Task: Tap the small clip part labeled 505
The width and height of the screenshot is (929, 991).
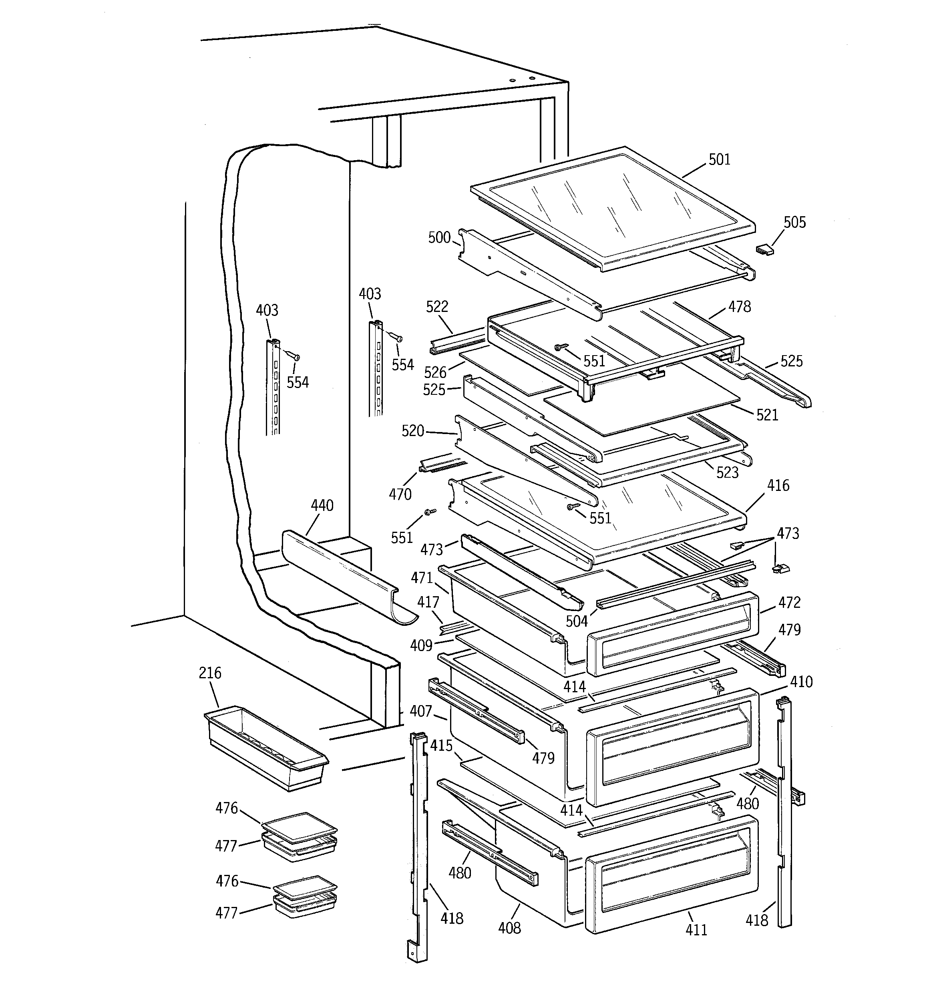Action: (764, 249)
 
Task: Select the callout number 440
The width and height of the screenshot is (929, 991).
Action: (322, 505)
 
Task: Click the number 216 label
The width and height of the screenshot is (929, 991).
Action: (210, 673)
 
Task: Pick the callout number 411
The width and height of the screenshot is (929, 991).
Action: (696, 930)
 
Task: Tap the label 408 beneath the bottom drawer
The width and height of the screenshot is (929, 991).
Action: (509, 928)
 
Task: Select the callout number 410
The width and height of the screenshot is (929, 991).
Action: (801, 681)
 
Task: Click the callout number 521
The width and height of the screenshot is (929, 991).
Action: (767, 415)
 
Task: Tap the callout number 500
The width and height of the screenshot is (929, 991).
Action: (439, 237)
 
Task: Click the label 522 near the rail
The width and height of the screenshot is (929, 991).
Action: (437, 307)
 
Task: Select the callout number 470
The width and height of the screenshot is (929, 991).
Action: (400, 494)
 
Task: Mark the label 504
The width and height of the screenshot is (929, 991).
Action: (577, 621)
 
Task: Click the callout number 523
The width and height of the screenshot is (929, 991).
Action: (727, 472)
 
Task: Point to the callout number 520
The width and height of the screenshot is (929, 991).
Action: (412, 431)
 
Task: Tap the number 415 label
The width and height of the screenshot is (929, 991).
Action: (441, 746)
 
